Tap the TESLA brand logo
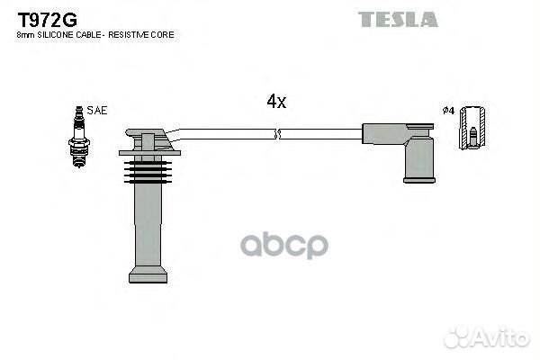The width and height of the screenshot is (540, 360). click(397, 19)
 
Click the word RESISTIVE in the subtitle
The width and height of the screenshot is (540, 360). click(125, 34)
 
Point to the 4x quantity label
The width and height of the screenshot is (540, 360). click(276, 102)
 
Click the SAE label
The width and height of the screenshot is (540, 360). click(98, 110)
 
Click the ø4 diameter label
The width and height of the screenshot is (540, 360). click(448, 111)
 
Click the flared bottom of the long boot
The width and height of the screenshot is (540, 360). click(148, 273)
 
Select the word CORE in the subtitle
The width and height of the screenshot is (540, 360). click(160, 34)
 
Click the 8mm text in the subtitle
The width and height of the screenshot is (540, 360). click(24, 34)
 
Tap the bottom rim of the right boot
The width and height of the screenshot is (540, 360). click(418, 179)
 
